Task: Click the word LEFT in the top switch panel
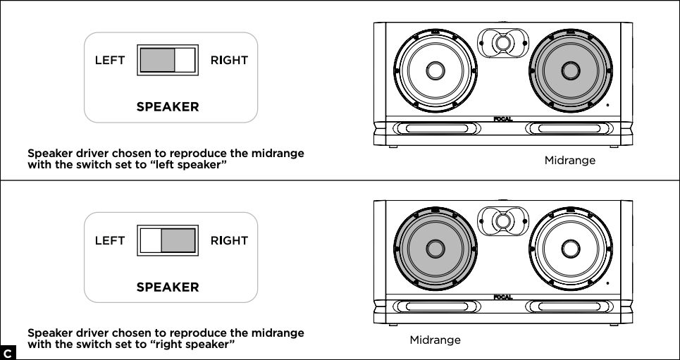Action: pos(110,61)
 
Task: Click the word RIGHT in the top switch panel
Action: pos(229,61)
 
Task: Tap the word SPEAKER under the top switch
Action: pos(168,107)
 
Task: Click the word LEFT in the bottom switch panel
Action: pos(110,241)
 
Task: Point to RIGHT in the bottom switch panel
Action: pos(229,241)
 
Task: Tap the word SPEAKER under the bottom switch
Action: pos(168,287)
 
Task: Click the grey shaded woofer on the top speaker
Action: pos(569,70)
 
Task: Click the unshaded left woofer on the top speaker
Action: pos(433,70)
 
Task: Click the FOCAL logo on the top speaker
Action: pos(502,118)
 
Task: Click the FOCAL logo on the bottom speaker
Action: pos(502,297)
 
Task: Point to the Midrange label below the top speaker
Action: pos(569,161)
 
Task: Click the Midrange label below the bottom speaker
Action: pos(435,340)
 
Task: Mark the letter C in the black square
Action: pos(7,352)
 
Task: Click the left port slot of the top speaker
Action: pos(432,129)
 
